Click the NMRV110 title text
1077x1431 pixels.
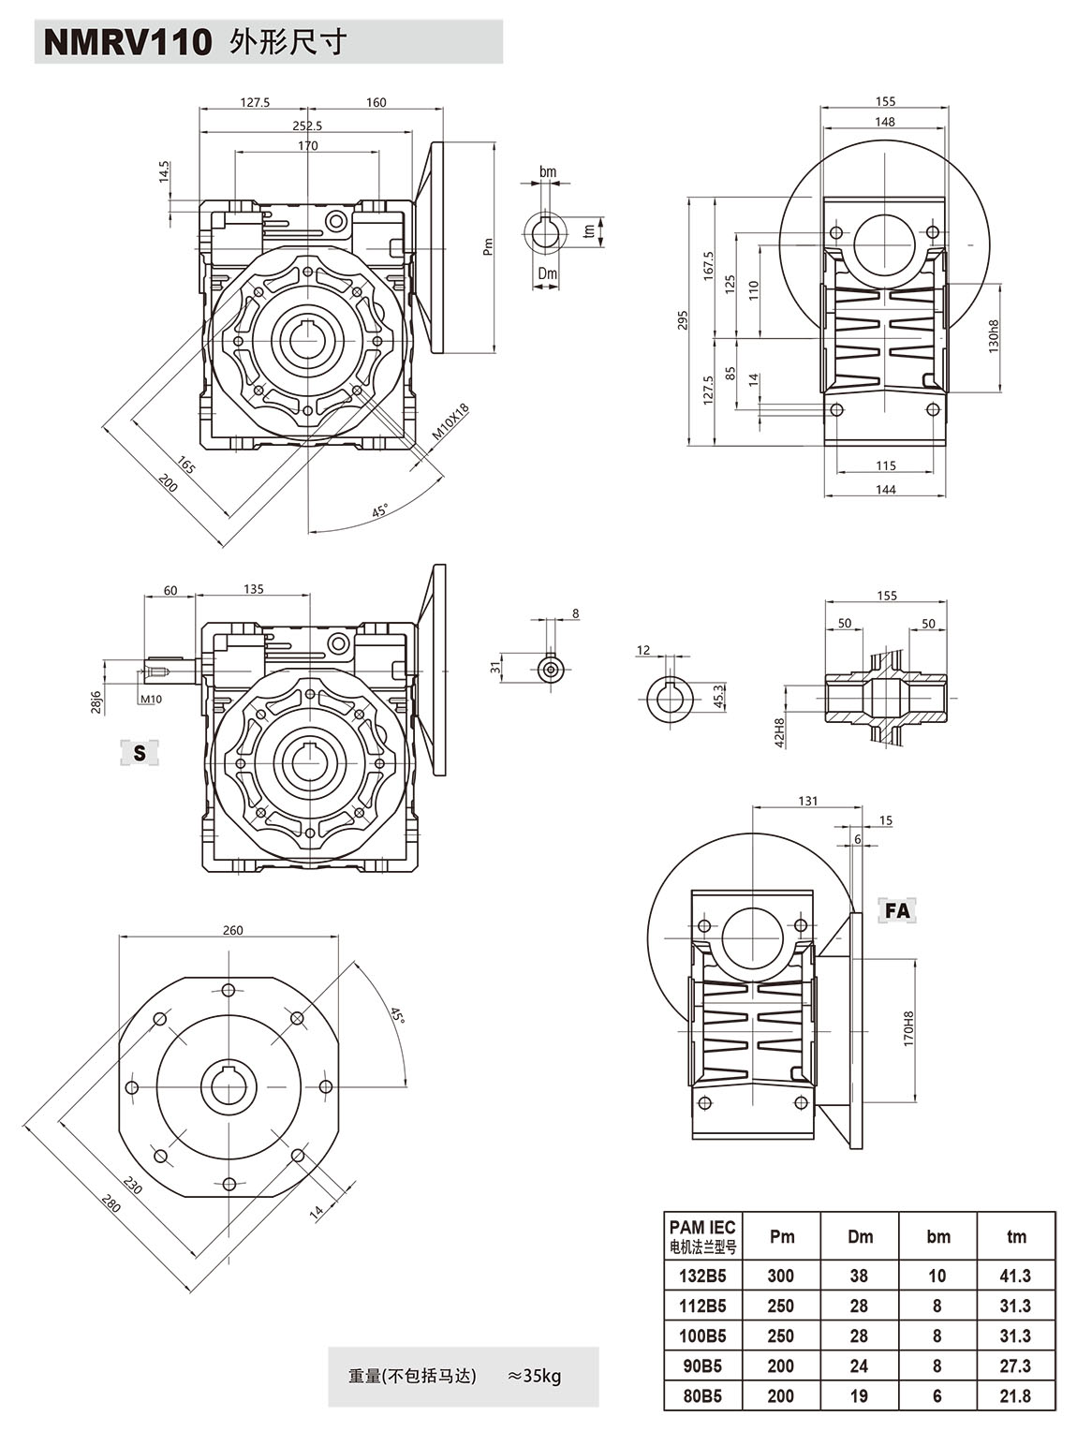click(x=128, y=42)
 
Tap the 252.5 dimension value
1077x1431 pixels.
click(x=307, y=125)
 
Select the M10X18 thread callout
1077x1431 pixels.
click(x=450, y=423)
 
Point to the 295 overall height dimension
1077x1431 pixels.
click(x=684, y=321)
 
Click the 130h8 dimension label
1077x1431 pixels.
click(x=994, y=335)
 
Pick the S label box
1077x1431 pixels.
click(x=140, y=752)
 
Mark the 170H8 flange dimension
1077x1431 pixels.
click(x=907, y=1028)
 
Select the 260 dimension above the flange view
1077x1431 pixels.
click(x=233, y=930)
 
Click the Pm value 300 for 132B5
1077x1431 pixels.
click(x=780, y=1276)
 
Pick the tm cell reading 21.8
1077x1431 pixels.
click(x=1015, y=1396)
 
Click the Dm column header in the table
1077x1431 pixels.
click(x=860, y=1236)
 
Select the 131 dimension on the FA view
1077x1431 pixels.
click(x=807, y=801)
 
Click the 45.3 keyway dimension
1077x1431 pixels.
click(x=718, y=695)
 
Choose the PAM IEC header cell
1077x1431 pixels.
click(x=702, y=1235)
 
